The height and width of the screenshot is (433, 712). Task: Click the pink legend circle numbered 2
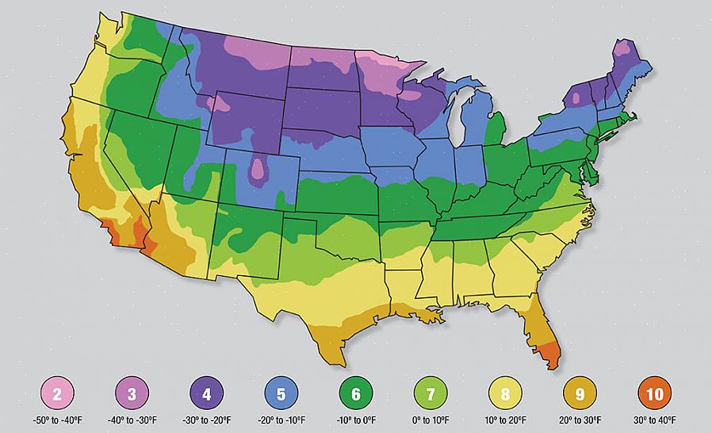point(57,393)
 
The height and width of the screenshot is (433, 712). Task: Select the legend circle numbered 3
point(132,393)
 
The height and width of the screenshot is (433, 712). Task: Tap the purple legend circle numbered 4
point(206,393)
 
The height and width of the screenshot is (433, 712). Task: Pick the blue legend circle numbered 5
point(281,393)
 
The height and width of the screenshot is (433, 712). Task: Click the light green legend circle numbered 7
point(431,393)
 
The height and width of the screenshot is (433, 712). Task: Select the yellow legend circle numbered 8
point(505,393)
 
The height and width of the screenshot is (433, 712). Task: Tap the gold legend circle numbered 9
point(580,393)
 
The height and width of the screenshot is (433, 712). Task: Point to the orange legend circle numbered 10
point(654,393)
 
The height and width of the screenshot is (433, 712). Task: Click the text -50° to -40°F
point(57,420)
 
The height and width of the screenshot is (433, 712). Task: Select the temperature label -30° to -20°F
point(206,420)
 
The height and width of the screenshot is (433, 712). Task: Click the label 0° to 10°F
point(431,420)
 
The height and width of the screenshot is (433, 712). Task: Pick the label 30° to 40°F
point(654,420)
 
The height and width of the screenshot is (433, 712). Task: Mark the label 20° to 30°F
point(580,420)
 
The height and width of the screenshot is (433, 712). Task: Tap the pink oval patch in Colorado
point(258,171)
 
